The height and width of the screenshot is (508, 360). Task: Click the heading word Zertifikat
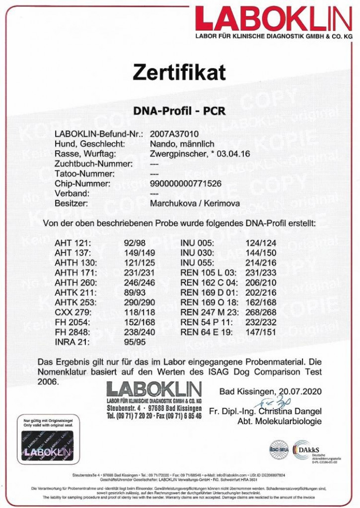coord(179,72)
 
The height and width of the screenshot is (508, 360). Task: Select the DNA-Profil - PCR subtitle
coord(179,111)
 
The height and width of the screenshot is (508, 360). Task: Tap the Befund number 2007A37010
coord(174,134)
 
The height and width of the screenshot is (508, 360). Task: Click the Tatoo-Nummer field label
coord(84,174)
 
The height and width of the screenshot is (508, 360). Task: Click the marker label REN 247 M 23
coord(210,312)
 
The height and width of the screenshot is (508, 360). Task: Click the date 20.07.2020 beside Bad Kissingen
coord(300,391)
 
